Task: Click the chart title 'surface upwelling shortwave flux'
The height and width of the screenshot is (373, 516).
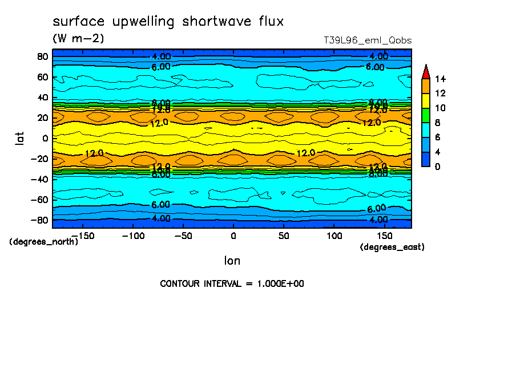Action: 168,22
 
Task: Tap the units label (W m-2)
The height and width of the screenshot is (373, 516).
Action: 78,39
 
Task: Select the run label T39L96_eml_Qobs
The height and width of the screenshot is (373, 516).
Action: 367,40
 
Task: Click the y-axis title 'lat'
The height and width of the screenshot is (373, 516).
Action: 19,137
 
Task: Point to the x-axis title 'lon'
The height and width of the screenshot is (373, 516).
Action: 232,261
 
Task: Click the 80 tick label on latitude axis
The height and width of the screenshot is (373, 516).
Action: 42,56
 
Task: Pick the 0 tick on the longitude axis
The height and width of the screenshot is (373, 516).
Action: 233,236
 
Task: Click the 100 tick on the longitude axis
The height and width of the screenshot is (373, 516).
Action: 334,236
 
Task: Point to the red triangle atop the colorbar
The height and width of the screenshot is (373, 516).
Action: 425,71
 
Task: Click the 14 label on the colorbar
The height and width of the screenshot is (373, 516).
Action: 440,79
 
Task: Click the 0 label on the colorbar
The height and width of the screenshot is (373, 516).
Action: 437,167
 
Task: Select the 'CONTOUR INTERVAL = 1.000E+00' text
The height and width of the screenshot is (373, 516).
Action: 232,284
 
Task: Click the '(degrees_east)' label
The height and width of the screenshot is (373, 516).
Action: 392,247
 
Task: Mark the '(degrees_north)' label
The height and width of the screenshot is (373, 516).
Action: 43,241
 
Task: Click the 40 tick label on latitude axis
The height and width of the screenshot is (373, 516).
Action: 42,97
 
